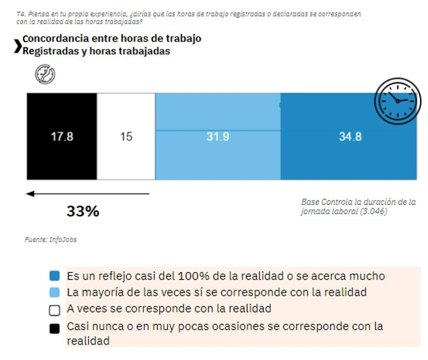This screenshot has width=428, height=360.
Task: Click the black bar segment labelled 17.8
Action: coord(61,137)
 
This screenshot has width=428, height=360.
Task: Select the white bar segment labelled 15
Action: coord(126,137)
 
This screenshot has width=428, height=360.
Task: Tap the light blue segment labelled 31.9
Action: coord(217,137)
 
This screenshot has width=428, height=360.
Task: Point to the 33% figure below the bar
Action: coord(83,211)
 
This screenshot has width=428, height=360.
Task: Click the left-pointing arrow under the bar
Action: coord(87,194)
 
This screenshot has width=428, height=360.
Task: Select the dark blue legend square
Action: coord(55,276)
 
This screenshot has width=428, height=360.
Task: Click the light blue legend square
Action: coord(55,292)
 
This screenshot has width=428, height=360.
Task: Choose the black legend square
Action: coord(55,328)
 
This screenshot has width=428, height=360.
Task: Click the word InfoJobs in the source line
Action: coord(63,240)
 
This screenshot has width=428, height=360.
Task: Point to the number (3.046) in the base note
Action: coord(374,211)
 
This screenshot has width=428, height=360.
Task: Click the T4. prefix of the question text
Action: coord(20,15)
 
